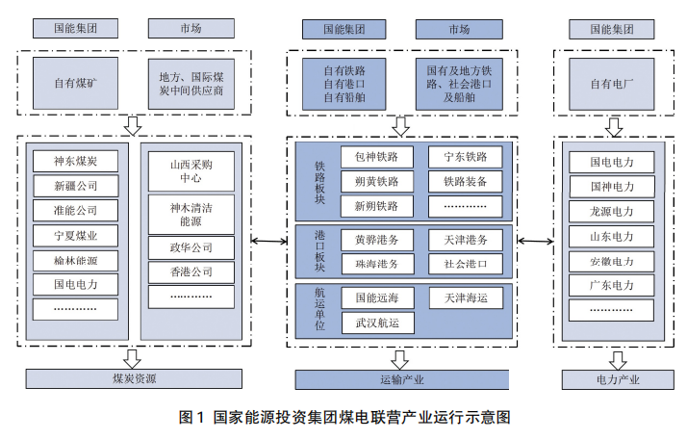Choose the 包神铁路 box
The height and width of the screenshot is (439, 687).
pos(376,156)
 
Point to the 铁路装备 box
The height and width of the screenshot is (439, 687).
pos(465,181)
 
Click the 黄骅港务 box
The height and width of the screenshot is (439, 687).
pos(376,238)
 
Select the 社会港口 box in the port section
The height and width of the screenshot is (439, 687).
pos(465,262)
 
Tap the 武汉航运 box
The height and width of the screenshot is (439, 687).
pos(376,322)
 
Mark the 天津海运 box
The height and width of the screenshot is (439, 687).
pos(465,297)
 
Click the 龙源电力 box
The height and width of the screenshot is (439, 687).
pos(611,211)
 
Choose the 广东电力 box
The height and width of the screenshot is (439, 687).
pos(611,286)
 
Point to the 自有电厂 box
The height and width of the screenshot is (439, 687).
pos(612,83)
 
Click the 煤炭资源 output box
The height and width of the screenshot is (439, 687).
pos(133,379)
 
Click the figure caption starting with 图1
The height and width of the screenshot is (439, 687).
pos(343,417)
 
